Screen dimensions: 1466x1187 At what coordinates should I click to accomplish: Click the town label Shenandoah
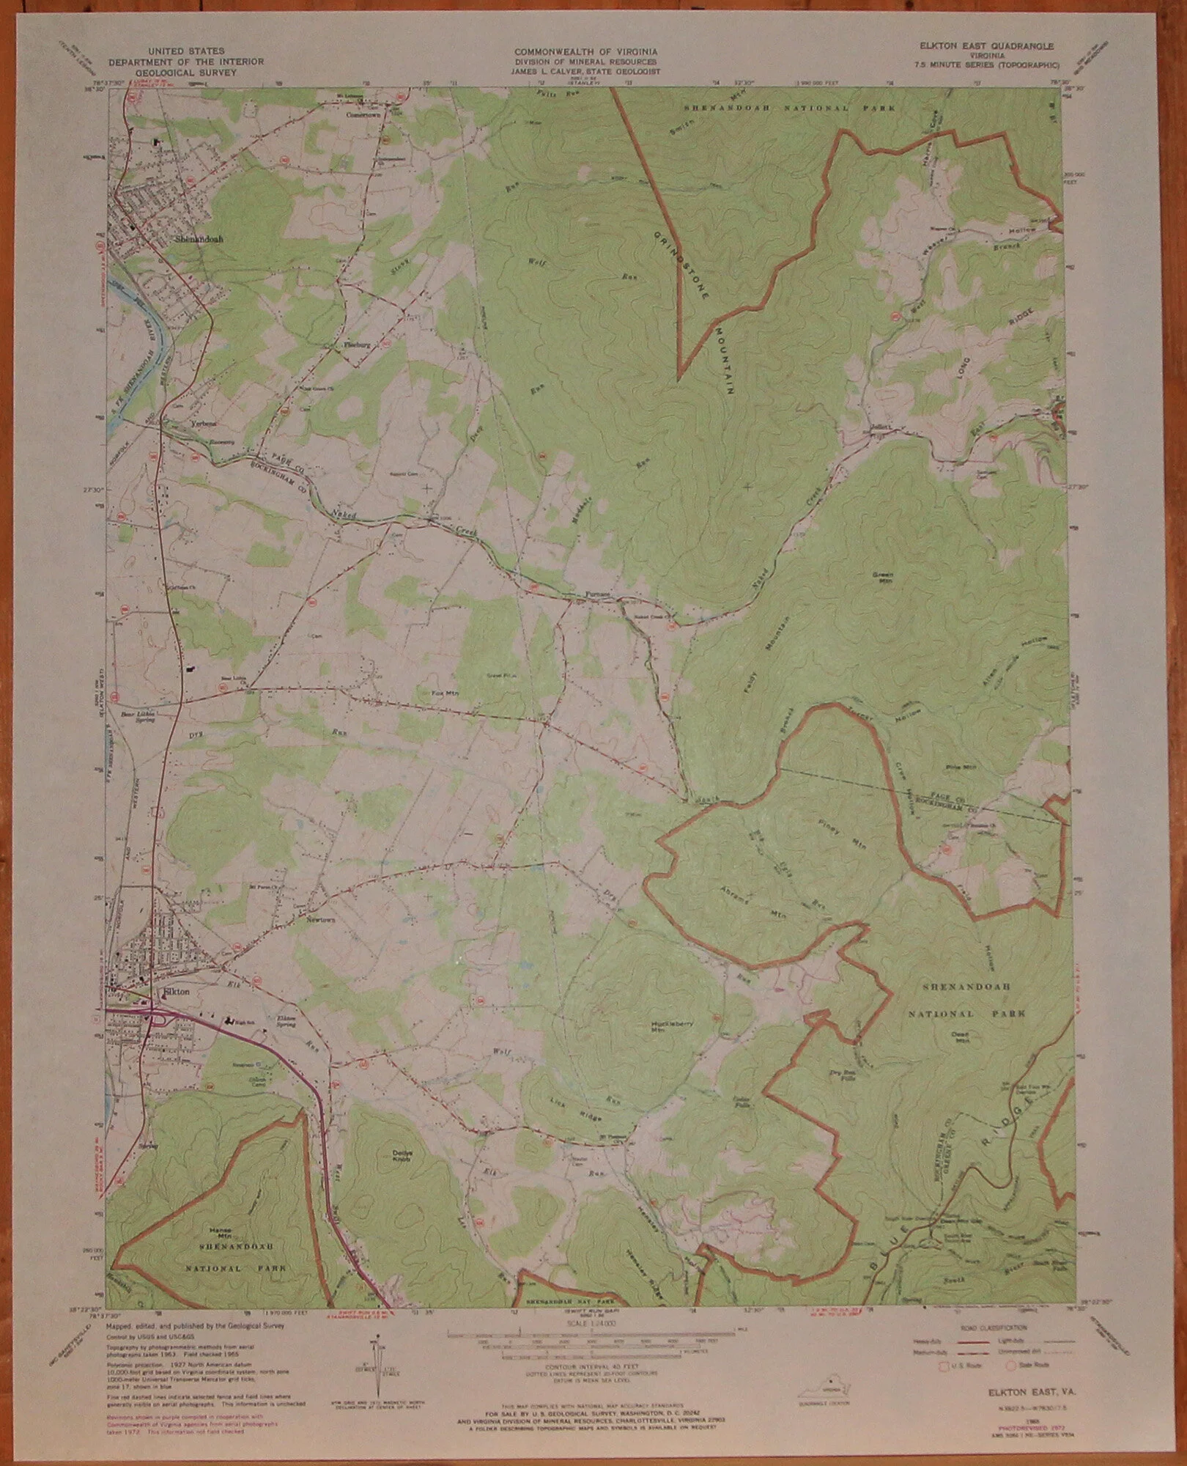point(198,239)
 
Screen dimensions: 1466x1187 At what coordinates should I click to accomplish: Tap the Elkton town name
point(176,991)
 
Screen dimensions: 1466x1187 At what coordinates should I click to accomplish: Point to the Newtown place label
point(321,918)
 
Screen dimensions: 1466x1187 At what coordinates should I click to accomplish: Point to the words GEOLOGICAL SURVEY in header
point(184,73)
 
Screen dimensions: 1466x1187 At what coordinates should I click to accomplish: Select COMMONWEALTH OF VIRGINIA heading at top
point(585,52)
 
